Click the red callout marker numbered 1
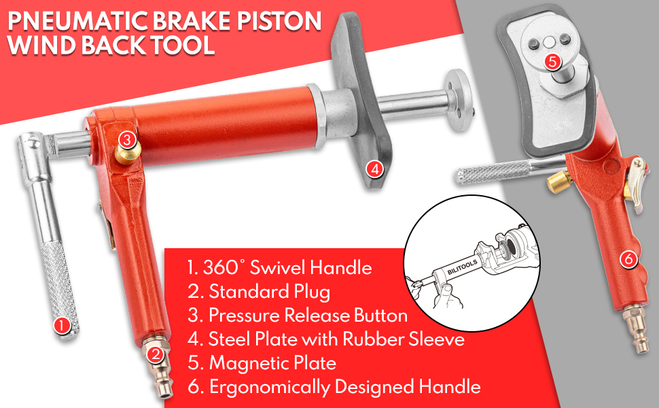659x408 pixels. pos(62,325)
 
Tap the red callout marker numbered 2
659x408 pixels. pos(156,353)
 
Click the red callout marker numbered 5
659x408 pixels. pos(552,61)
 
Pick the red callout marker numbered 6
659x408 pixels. pos(627,258)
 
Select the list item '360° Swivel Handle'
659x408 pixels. pos(279,268)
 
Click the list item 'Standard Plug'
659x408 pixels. pos(259,292)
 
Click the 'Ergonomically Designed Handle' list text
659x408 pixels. pos(334,387)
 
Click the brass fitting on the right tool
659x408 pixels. pos(560,182)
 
